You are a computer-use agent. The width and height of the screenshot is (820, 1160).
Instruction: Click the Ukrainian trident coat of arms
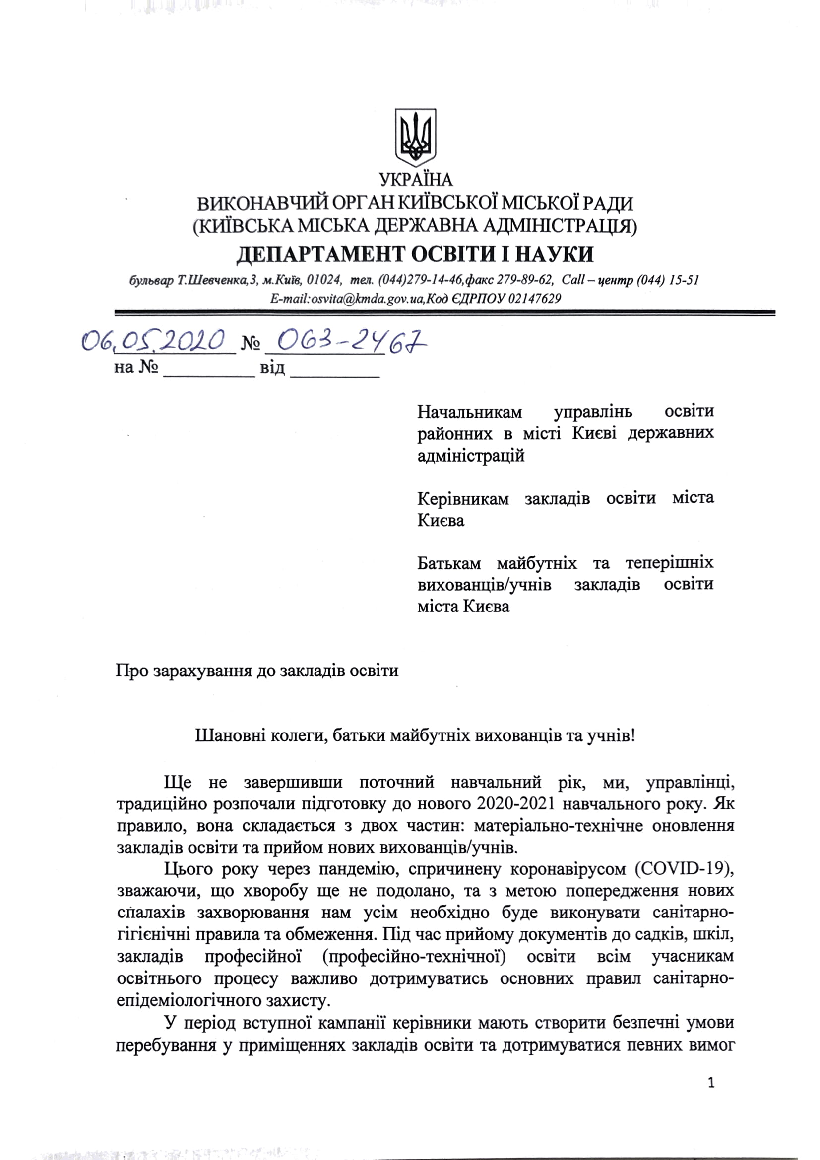[x=415, y=137]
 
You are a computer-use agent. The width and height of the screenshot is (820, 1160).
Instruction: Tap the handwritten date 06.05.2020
[x=154, y=341]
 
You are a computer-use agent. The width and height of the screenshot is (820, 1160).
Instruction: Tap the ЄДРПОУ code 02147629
[x=534, y=299]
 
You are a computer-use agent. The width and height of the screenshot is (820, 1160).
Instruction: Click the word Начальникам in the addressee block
[x=469, y=412]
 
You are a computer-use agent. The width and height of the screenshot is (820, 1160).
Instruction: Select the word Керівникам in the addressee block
[x=463, y=498]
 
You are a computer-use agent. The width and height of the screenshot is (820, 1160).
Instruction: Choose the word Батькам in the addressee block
[x=449, y=563]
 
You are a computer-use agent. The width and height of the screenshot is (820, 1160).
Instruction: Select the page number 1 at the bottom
[x=712, y=1082]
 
